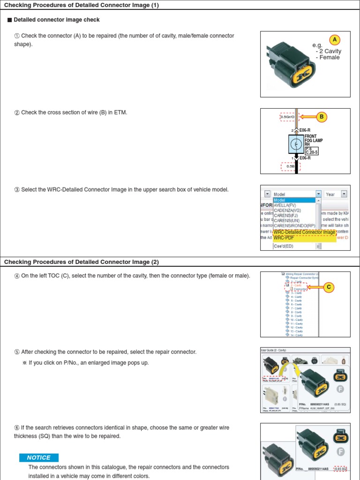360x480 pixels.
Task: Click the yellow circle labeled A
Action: tap(335, 40)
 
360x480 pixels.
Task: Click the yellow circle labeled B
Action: tap(322, 117)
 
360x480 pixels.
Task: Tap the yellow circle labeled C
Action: tap(329, 287)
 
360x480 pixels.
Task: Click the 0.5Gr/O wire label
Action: tap(287, 117)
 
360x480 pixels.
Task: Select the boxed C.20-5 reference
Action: tap(312, 152)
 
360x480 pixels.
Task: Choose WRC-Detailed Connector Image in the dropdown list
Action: tap(304, 232)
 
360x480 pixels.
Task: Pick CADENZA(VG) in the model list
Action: tap(287, 210)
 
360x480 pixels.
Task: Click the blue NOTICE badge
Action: tap(38, 457)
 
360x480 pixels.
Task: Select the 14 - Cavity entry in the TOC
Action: tap(296, 335)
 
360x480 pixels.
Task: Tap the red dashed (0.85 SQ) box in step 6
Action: tap(340, 468)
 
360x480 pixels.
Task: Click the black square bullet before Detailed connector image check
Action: tap(9, 20)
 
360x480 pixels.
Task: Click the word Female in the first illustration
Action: tap(330, 58)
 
